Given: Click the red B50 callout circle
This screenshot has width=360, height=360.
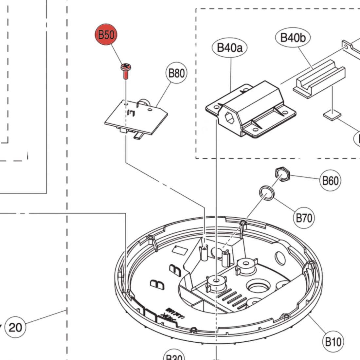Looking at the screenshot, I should (x=106, y=35).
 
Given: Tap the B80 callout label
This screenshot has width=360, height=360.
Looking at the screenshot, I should (x=176, y=73).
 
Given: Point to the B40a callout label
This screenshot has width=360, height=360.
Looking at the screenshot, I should (x=230, y=48).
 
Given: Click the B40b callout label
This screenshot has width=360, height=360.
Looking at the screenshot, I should (x=293, y=38).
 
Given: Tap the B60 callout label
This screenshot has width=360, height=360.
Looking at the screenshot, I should (x=330, y=180).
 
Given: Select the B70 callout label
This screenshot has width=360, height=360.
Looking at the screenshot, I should (x=304, y=218).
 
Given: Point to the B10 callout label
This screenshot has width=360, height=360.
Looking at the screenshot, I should (x=333, y=342).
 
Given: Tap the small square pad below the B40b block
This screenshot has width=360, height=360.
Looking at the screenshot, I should (x=332, y=115).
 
